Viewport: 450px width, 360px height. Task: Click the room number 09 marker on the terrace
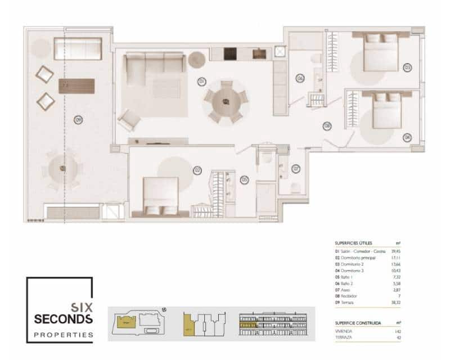click(x=78, y=119)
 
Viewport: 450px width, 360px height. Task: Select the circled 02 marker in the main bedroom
click(x=197, y=169)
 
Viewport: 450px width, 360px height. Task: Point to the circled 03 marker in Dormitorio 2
click(x=407, y=67)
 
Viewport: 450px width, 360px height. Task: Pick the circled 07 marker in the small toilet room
click(x=295, y=168)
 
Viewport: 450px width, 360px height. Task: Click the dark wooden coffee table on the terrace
click(x=76, y=85)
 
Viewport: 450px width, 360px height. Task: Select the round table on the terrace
click(x=62, y=168)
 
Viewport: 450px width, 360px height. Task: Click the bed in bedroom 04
click(x=388, y=111)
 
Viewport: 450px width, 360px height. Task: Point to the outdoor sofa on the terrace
click(x=78, y=49)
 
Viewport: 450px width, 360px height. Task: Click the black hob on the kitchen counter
click(x=230, y=54)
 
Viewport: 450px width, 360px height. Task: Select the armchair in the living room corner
click(x=129, y=119)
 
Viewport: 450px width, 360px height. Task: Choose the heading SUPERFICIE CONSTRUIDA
click(x=358, y=323)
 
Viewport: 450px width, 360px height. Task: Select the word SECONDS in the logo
click(x=63, y=319)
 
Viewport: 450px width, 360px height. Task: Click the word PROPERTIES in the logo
click(x=63, y=335)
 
